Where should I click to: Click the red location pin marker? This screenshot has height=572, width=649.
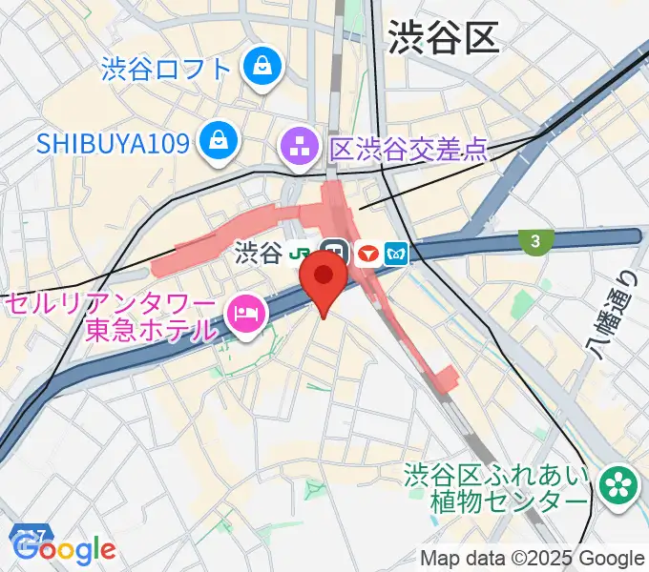click(x=324, y=279)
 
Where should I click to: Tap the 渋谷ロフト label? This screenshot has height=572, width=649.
click(x=167, y=69)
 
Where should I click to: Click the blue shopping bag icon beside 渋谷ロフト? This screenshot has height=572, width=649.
click(x=260, y=66)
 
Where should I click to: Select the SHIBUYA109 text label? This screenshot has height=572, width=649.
click(x=113, y=144)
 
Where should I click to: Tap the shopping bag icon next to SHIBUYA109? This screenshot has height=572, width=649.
click(x=220, y=143)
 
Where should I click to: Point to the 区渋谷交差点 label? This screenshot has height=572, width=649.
click(x=409, y=149)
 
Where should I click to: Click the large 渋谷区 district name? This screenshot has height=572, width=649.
click(x=444, y=39)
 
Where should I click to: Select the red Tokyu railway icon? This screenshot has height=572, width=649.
click(x=366, y=254)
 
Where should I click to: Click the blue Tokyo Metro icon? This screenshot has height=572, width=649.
click(x=396, y=254)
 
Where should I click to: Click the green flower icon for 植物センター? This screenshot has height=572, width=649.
click(x=618, y=483)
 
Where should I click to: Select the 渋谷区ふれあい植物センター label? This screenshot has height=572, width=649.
click(x=496, y=487)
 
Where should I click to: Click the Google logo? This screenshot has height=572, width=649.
click(x=65, y=549)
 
